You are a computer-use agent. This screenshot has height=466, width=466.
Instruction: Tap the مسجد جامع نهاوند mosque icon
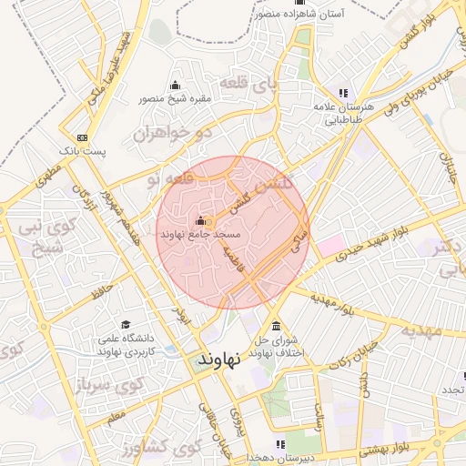200,220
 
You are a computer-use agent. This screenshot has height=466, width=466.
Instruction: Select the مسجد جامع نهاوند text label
200,235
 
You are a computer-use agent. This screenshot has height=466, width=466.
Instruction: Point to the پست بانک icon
83,137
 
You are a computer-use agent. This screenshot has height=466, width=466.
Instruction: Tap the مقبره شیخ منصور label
176,98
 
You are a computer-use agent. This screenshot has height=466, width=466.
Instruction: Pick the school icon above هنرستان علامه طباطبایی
344,93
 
